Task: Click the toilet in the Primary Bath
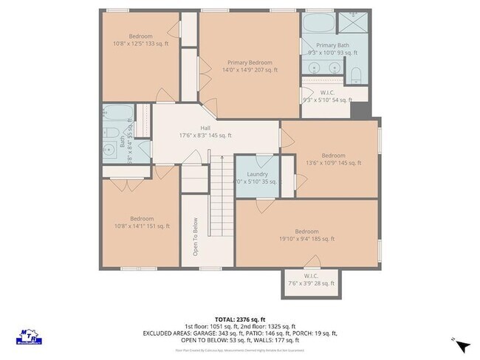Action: pos(355,74)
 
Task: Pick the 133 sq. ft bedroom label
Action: pos(140,41)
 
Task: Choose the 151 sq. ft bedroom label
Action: pos(141,223)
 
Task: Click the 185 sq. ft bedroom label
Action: pos(306,235)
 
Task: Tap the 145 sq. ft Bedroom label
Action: pos(332,159)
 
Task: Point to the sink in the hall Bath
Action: pos(111,145)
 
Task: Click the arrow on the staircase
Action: pos(219,159)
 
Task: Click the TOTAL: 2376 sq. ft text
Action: pos(239,319)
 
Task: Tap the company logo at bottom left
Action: pos(27,335)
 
